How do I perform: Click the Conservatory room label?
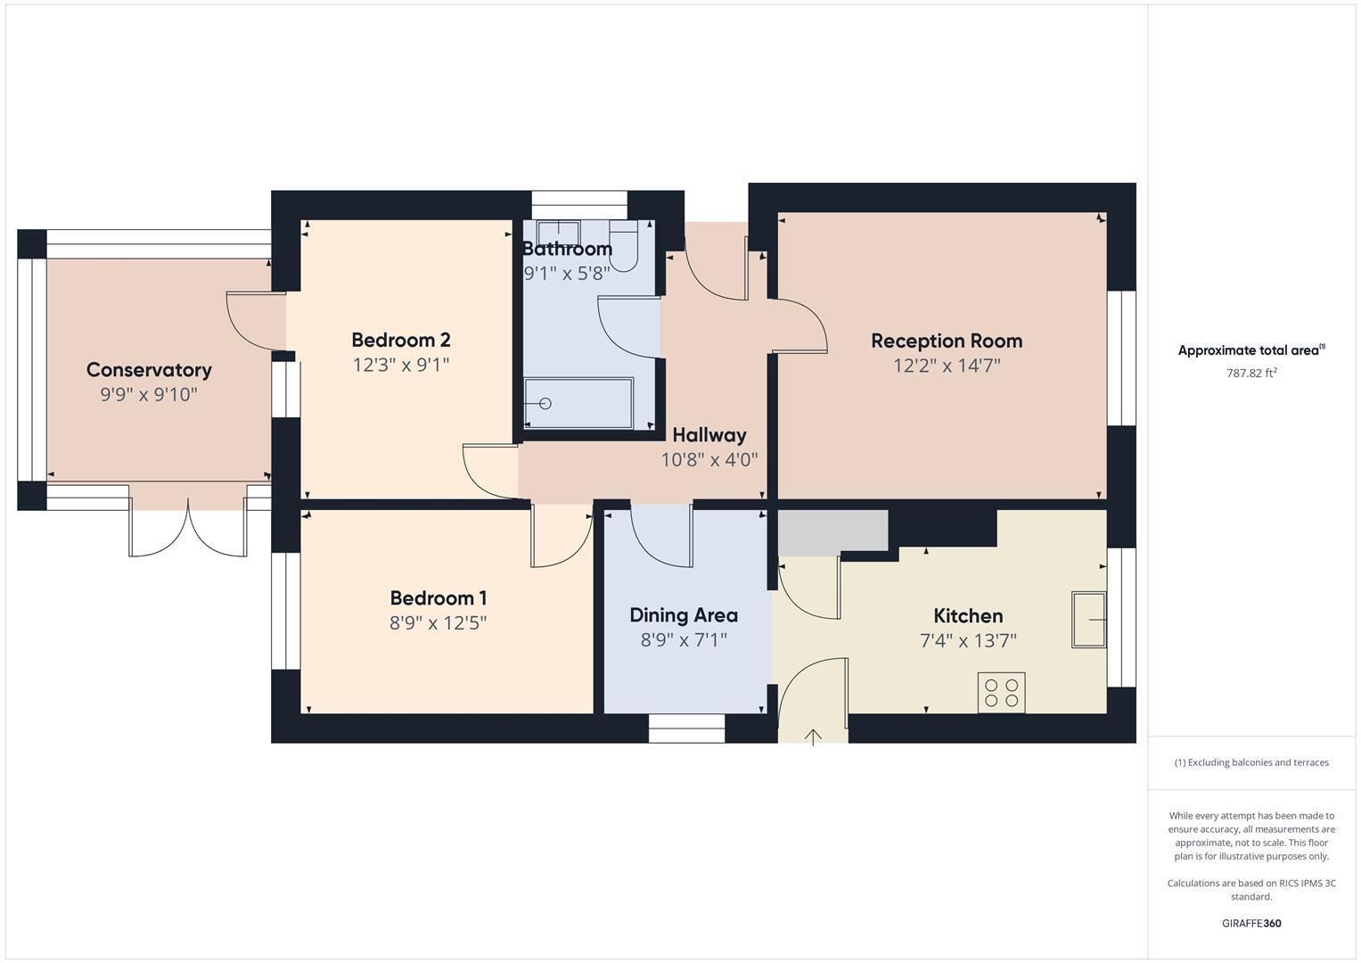point(149,370)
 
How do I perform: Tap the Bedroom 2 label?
point(401,340)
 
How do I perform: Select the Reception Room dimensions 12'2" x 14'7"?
point(947,366)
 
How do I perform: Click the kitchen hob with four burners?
point(1001,693)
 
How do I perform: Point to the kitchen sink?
point(1088,620)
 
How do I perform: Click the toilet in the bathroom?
point(625,248)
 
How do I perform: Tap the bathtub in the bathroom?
point(578,404)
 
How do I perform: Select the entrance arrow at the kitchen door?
point(813,737)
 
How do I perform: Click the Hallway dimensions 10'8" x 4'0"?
point(709,460)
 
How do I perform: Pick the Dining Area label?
point(684,615)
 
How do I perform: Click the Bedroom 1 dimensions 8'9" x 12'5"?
point(439,623)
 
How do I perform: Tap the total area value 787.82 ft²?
point(1251,374)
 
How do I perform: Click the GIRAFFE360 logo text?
point(1251,924)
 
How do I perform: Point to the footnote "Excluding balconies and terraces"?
point(1251,762)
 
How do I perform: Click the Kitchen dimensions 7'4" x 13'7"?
point(968,641)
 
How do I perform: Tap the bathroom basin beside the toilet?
point(559,230)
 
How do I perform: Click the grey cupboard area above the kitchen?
point(832,532)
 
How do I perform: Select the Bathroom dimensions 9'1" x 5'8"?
point(567,274)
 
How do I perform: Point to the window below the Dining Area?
point(686,728)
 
